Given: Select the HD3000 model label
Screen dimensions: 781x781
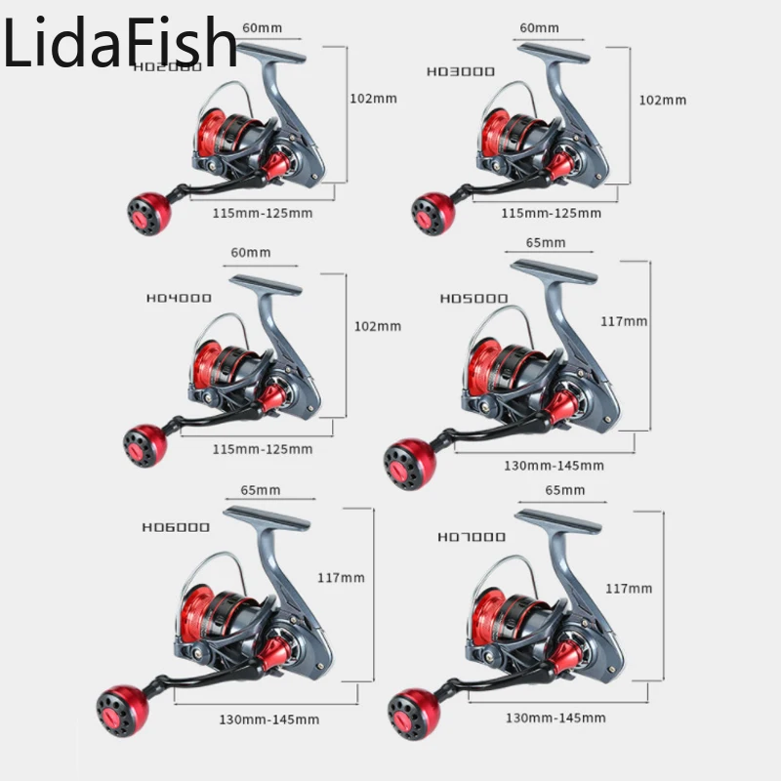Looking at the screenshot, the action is (x=461, y=71).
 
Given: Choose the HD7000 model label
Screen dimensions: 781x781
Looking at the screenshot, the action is (x=472, y=536).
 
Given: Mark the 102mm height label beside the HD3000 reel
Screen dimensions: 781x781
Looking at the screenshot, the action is (x=662, y=100).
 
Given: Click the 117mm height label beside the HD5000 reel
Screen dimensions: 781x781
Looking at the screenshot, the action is (x=624, y=320).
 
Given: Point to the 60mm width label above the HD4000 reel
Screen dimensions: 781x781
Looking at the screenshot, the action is (x=250, y=252).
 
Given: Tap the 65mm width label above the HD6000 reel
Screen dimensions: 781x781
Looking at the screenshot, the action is (x=260, y=489).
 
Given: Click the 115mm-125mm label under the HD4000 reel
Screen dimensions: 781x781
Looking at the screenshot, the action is (x=263, y=448).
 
